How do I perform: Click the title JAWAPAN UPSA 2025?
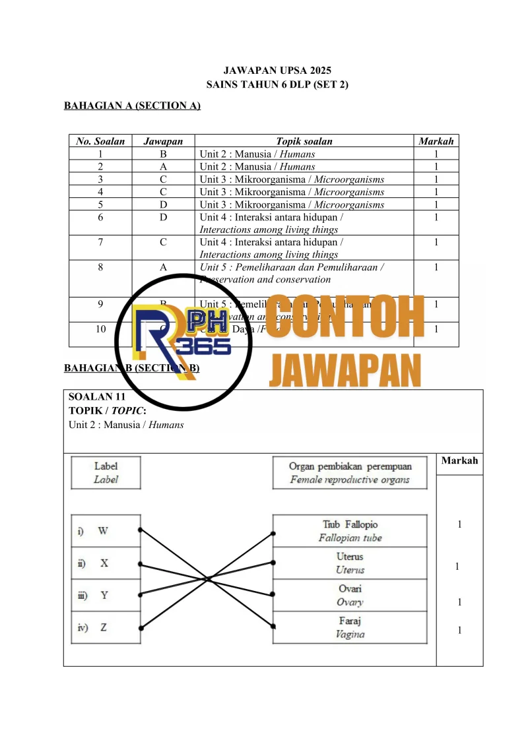(x=277, y=71)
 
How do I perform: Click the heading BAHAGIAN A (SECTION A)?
(x=132, y=106)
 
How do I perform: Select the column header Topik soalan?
(x=304, y=141)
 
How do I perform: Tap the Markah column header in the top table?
(x=436, y=141)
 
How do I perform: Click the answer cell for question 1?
(x=162, y=154)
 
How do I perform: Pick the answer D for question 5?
(x=162, y=204)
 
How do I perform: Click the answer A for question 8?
(x=162, y=267)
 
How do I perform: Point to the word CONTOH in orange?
(x=345, y=319)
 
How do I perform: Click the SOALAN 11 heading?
(x=97, y=397)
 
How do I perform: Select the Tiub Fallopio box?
(x=350, y=531)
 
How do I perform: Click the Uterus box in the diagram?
(x=350, y=563)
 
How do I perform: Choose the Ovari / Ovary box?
(x=350, y=595)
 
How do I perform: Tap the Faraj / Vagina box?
(x=350, y=627)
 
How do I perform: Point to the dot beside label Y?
(x=140, y=595)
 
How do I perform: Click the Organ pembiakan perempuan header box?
(x=350, y=473)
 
